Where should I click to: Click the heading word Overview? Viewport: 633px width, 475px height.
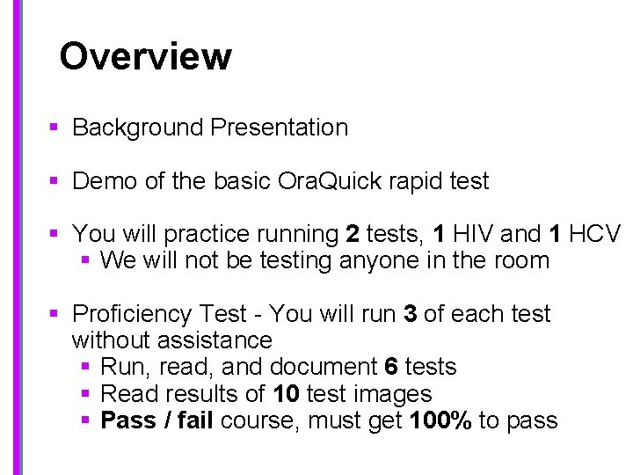(x=145, y=56)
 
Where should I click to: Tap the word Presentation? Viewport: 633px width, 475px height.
(x=280, y=128)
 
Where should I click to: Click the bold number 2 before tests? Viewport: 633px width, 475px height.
(x=353, y=234)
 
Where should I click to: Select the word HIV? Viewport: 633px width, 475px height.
(x=470, y=234)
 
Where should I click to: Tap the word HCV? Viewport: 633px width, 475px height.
(x=595, y=234)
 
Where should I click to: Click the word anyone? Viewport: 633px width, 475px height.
(x=379, y=260)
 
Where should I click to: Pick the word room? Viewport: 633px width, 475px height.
(x=520, y=260)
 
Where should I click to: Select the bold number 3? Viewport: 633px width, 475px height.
(x=410, y=314)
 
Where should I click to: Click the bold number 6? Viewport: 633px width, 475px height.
(x=392, y=367)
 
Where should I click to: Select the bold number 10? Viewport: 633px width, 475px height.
(x=287, y=393)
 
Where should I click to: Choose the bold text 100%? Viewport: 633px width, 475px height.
(x=442, y=420)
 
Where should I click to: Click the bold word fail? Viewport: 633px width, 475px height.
(x=194, y=420)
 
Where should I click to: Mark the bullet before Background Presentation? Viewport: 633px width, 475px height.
(x=54, y=128)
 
